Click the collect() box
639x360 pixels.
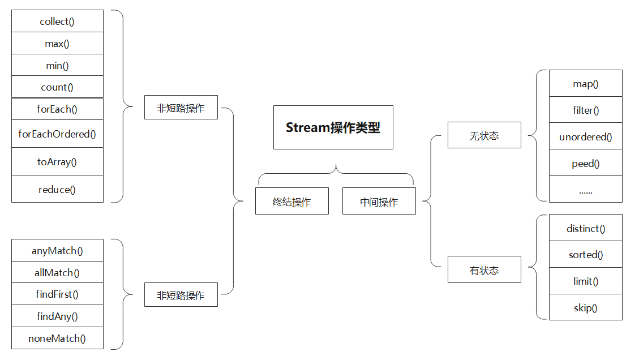57,22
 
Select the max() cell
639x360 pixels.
57,44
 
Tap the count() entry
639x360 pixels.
57,87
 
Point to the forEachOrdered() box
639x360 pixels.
57,134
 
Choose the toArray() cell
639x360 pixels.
57,162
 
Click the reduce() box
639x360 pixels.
57,190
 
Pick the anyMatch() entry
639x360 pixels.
57,251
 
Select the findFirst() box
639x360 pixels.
57,294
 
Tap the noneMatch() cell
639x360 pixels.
57,338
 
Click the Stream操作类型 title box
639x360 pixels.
333,127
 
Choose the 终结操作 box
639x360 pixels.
291,202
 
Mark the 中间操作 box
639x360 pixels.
379,202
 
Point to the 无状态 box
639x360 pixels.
484,135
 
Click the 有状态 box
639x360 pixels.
484,270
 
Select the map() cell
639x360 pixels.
585,84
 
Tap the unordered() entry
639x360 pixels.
585,137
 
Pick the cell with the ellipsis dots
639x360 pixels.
585,190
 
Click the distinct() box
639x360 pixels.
585,229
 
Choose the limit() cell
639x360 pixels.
585,281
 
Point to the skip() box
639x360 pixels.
585,308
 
